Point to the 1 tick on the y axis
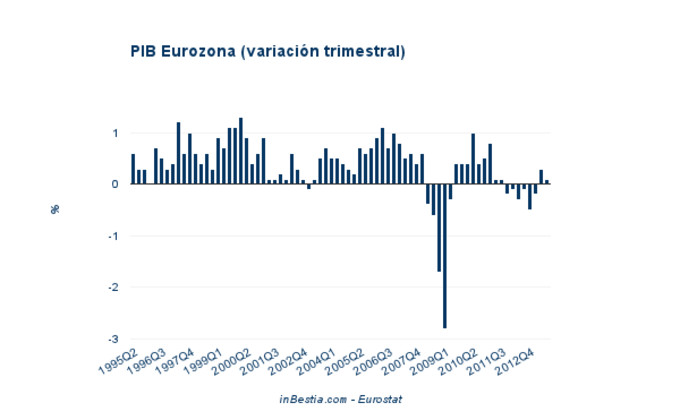(x=116, y=133)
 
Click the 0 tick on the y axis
(x=116, y=184)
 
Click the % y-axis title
(x=56, y=209)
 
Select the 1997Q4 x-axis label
(x=176, y=360)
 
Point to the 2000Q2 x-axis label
(x=232, y=360)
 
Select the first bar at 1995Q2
(x=133, y=169)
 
